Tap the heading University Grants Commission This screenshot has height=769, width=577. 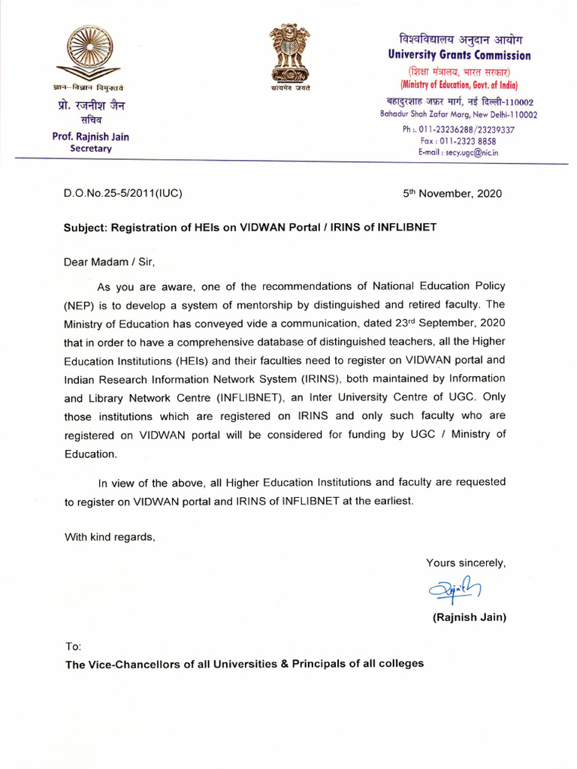pos(459,55)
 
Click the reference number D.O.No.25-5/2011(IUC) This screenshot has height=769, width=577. pos(123,193)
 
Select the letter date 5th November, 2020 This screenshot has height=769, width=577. pos(452,193)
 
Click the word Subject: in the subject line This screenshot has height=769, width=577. pos(89,227)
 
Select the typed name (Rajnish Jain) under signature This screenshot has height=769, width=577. pos(469,618)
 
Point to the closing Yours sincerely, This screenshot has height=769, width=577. pos(466,562)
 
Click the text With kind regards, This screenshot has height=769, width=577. pos(110,536)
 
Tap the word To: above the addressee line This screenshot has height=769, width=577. pos(73,647)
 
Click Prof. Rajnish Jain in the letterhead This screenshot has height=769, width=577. pos(90,137)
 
